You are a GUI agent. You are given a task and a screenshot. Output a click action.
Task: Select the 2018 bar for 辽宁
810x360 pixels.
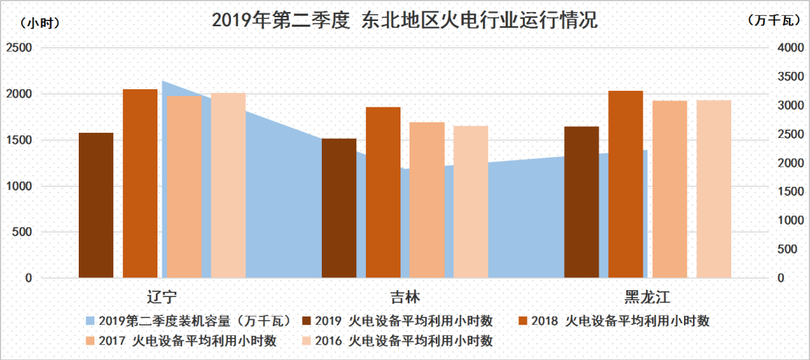[140, 183]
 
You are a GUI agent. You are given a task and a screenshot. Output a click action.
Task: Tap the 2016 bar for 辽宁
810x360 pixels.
[228, 185]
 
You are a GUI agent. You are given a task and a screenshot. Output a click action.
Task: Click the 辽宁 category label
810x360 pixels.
[162, 294]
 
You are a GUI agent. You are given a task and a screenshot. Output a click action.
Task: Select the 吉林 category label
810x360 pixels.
[405, 294]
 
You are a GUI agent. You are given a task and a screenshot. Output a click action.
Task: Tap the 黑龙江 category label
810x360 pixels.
[647, 294]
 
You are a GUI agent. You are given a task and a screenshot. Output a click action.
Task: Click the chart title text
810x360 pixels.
[405, 20]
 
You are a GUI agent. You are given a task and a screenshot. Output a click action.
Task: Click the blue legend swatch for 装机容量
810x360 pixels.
[91, 321]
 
